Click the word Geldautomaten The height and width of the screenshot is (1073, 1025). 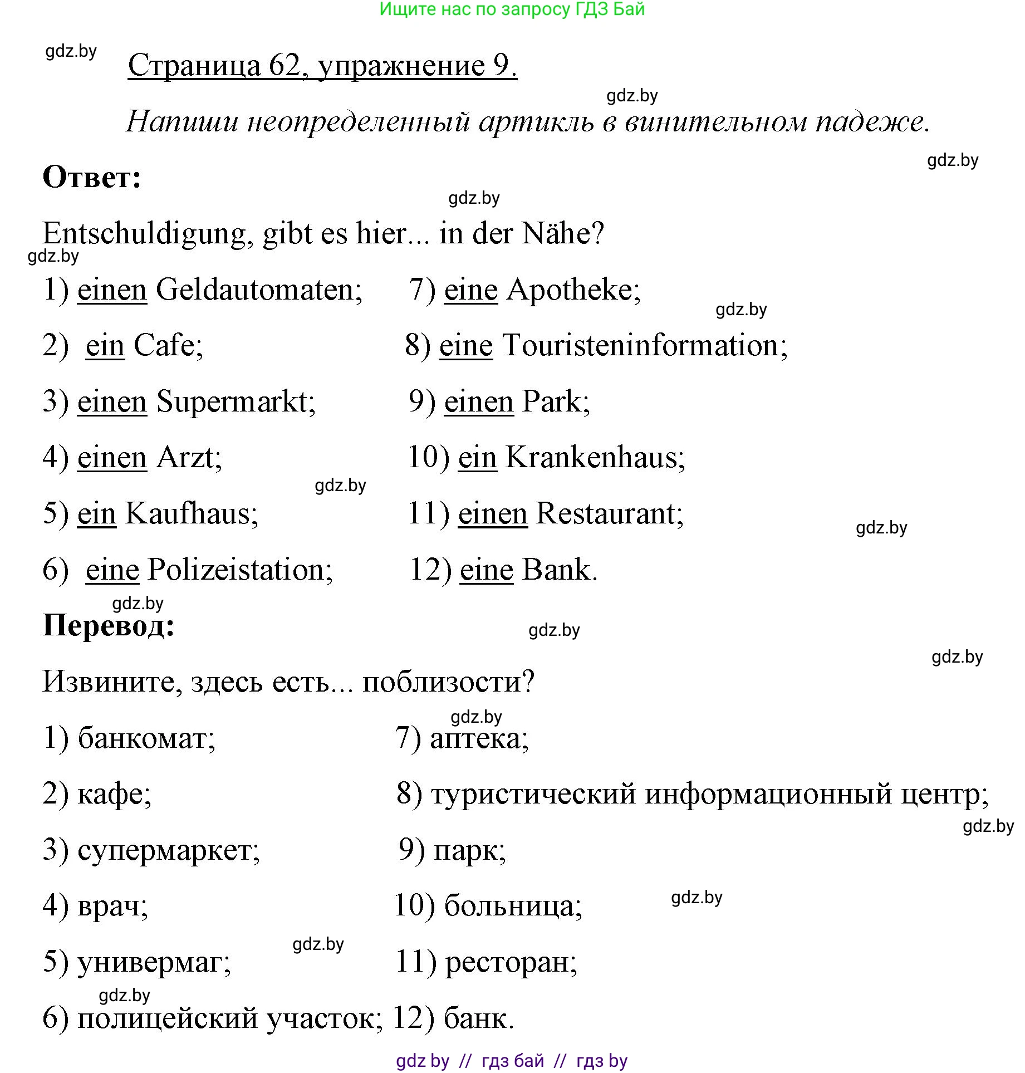[258, 290]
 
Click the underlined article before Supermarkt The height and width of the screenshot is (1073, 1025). [111, 402]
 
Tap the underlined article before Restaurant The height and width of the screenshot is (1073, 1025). [492, 514]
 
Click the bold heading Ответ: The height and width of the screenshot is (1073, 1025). [92, 178]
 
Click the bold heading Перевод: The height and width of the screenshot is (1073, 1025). [109, 625]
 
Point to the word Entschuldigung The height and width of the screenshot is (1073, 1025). [144, 234]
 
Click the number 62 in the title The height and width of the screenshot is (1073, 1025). [285, 66]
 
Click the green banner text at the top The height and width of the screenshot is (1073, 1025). [512, 9]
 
